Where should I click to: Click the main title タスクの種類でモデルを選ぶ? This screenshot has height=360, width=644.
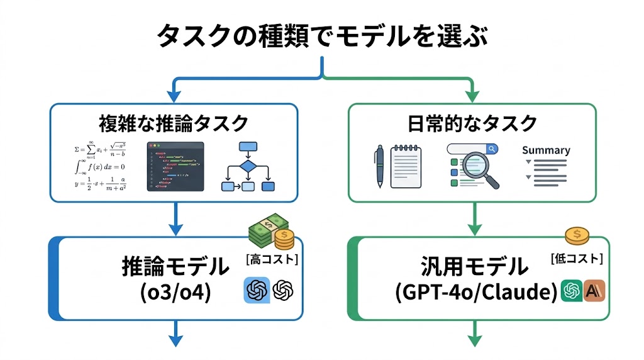(321, 36)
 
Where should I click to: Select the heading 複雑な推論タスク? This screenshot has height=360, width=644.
(174, 123)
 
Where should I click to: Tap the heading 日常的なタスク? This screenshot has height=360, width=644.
(472, 123)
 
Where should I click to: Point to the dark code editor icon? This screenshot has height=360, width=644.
(175, 166)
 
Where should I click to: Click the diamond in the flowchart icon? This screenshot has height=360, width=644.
(248, 167)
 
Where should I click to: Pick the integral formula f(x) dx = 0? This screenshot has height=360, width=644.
(101, 167)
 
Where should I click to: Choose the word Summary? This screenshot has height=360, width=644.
(546, 150)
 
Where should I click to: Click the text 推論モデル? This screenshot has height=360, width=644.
(175, 267)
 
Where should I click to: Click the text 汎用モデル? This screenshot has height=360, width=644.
(475, 267)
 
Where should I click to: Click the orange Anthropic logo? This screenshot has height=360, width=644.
(594, 290)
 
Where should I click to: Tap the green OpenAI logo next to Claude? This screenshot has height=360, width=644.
(572, 290)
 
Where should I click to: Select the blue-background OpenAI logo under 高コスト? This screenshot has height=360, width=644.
(257, 290)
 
